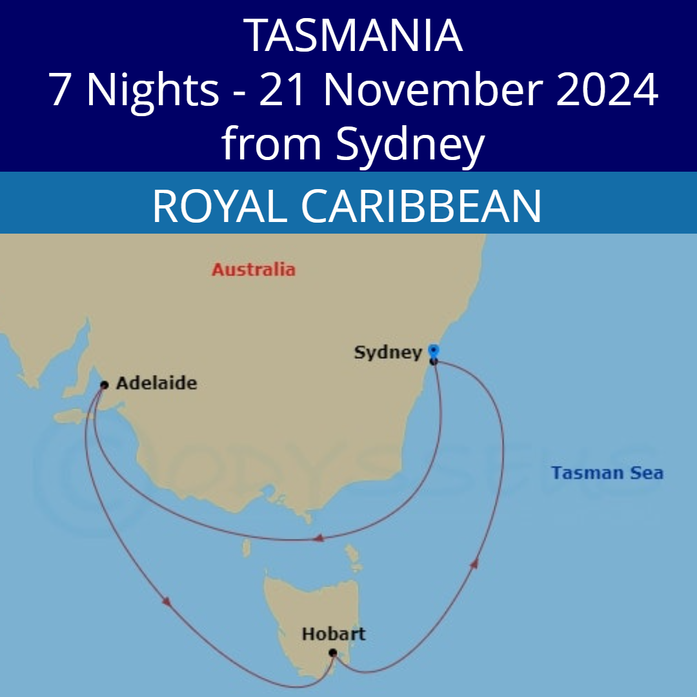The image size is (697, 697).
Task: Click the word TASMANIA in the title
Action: (354, 35)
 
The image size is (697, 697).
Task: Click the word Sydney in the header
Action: (409, 145)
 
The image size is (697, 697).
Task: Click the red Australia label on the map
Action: (253, 269)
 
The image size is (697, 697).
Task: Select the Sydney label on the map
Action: (387, 352)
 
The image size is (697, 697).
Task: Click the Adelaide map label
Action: (156, 383)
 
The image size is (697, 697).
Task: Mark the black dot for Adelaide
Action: (104, 385)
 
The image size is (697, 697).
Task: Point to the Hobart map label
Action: (333, 634)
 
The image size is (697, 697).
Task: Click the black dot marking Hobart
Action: (332, 653)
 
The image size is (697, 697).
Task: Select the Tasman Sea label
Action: (607, 473)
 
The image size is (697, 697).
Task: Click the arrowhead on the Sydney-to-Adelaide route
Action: (318, 538)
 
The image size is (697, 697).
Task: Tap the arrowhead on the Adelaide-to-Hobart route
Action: (167, 601)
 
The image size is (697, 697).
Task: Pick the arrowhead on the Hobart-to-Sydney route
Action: (475, 563)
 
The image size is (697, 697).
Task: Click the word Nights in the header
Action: (152, 90)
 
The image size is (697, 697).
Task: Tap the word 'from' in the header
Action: (271, 145)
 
